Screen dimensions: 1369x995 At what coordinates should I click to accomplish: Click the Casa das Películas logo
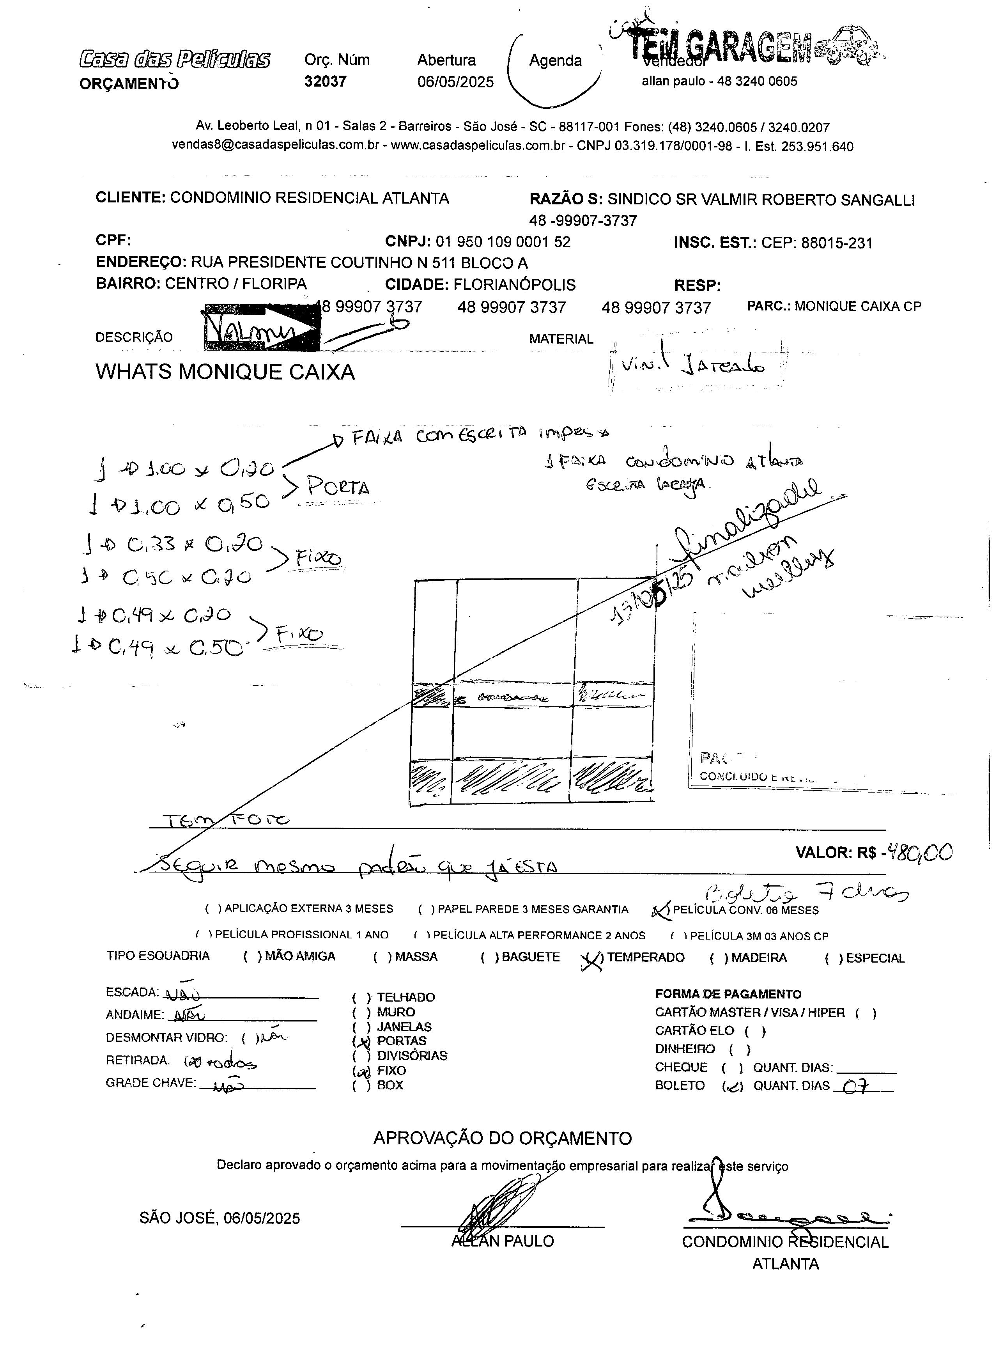point(174,59)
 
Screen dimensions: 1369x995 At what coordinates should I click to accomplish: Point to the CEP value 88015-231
point(837,243)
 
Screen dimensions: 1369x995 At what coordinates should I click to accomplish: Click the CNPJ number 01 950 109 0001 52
point(503,242)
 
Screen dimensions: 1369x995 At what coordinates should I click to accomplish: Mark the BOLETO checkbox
point(733,1086)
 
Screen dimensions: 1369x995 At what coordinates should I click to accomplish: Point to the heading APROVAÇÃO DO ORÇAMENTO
point(502,1138)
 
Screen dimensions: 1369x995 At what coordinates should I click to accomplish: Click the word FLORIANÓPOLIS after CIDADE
point(514,285)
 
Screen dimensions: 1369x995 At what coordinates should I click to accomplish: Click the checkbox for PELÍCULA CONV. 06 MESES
point(662,910)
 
